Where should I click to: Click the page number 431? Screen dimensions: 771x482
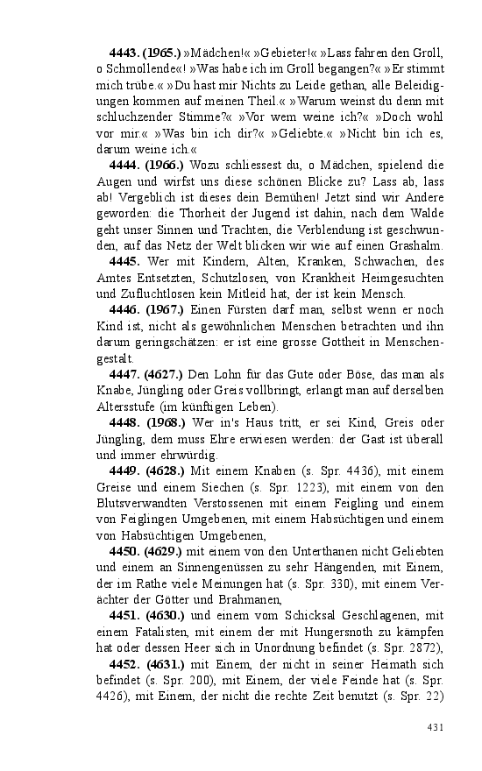point(436,727)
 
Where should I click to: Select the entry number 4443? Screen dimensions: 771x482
point(125,53)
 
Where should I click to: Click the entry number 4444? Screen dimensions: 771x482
point(125,165)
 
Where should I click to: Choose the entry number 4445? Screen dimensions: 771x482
point(125,261)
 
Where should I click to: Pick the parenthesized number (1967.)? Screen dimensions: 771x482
point(164,309)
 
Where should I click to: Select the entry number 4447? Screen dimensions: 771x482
point(125,374)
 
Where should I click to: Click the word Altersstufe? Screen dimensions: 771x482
point(124,407)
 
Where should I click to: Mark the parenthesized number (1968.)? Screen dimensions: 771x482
point(164,422)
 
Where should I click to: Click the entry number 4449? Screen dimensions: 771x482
point(125,470)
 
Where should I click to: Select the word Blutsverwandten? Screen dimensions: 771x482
point(138,503)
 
